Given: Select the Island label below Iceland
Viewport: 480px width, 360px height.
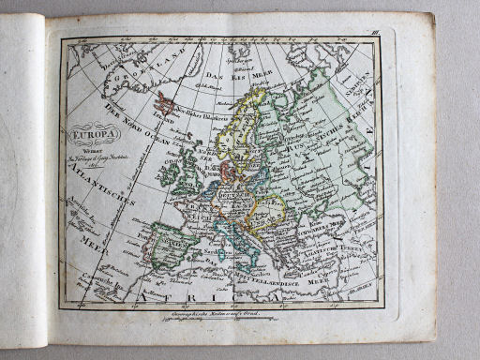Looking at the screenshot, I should (x=166, y=119).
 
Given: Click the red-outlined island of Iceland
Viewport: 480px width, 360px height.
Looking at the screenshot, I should (x=166, y=102).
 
